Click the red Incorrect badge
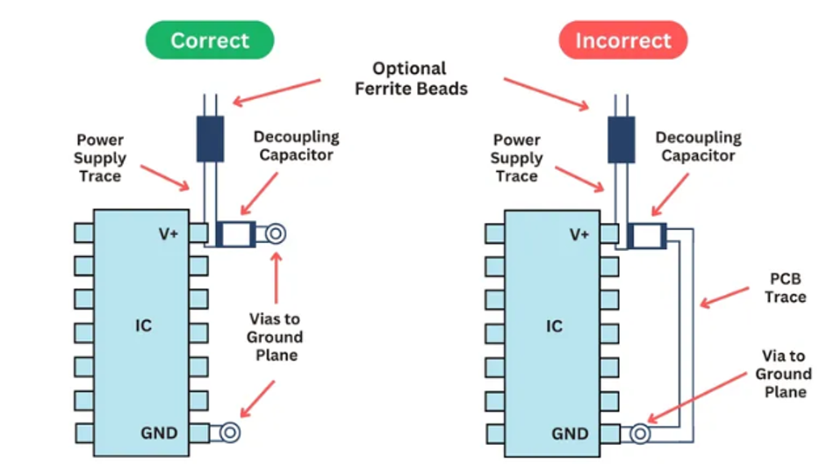click(x=622, y=40)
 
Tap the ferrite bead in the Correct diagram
click(x=210, y=139)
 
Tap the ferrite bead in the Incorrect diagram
click(x=622, y=139)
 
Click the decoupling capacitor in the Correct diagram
click(x=235, y=234)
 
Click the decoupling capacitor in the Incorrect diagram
click(x=648, y=234)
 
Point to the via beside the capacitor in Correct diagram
click(x=275, y=234)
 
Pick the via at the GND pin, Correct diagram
click(x=230, y=432)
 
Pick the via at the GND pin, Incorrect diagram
click(x=641, y=432)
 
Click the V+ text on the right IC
click(x=579, y=234)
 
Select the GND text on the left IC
click(x=159, y=433)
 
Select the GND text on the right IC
click(x=570, y=433)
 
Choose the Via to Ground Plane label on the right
click(x=785, y=374)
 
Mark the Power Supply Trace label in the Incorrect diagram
click(x=516, y=158)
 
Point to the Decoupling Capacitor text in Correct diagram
click(x=296, y=146)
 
